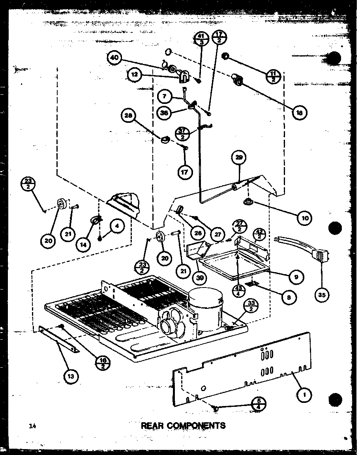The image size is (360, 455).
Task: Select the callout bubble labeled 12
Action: tap(134, 74)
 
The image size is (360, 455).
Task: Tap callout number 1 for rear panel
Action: tap(304, 393)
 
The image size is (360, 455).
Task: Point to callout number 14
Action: tap(85, 244)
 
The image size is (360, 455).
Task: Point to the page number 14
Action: tap(32, 426)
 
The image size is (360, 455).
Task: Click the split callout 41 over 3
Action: tap(201, 39)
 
